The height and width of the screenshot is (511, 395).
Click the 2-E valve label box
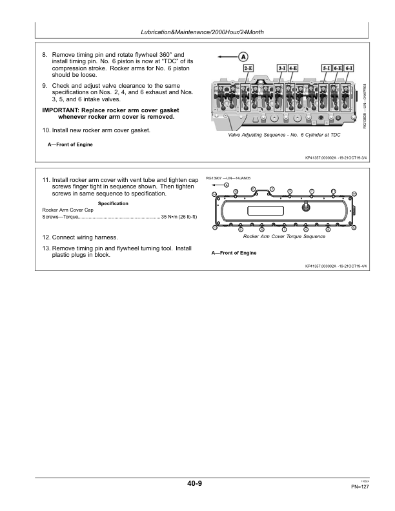pos(248,67)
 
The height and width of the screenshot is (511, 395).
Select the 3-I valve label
pos(281,67)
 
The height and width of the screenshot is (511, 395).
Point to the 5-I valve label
pos(327,67)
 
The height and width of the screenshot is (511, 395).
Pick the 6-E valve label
pos(338,67)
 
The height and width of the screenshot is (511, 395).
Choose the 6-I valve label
pos(349,67)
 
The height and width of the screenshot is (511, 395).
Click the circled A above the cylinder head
pos(243,56)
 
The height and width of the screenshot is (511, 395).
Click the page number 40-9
pos(195,483)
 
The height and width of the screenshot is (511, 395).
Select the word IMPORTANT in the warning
pos(60,110)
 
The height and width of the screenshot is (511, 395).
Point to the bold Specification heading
pos(112,204)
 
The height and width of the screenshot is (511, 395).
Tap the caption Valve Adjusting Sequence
pos(284,135)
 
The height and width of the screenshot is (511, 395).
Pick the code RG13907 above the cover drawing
pos(214,177)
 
